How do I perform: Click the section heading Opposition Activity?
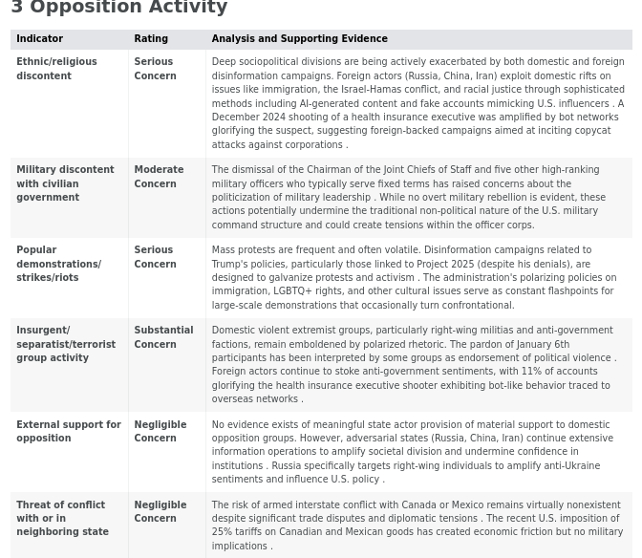click(x=128, y=8)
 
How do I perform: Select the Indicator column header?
click(x=39, y=39)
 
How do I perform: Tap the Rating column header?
click(x=151, y=39)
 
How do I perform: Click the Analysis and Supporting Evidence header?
click(x=299, y=39)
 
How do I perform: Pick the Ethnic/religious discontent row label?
click(x=56, y=69)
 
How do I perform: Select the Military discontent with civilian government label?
click(x=64, y=183)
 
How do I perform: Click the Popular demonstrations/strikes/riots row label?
click(x=58, y=264)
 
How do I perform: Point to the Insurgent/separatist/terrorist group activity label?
click(x=65, y=344)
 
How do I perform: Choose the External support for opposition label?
click(x=68, y=431)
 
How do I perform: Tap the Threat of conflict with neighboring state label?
click(x=62, y=518)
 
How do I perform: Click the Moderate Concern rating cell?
click(x=159, y=177)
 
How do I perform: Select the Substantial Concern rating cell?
click(x=162, y=337)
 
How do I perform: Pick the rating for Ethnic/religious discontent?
click(x=155, y=69)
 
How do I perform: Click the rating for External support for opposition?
click(x=160, y=431)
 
